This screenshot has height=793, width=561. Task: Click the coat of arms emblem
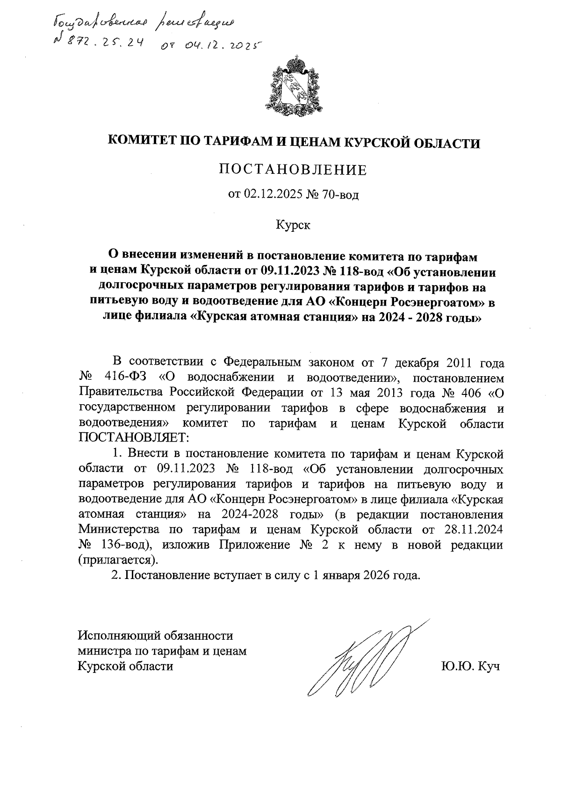(x=294, y=87)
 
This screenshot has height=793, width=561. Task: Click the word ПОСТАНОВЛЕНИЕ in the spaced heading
(x=293, y=170)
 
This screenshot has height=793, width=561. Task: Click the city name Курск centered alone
(x=293, y=226)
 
